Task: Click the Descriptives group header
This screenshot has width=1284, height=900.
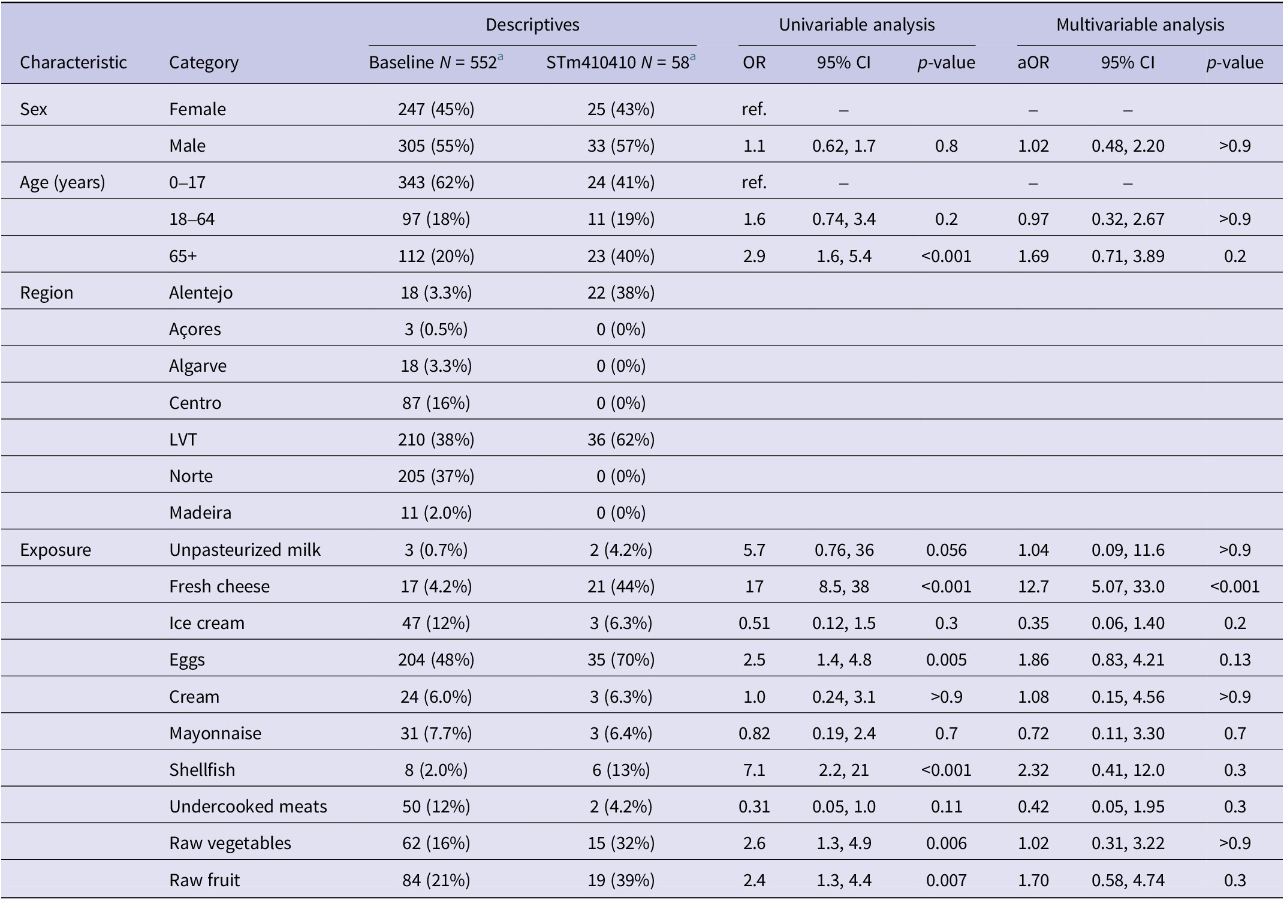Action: pos(532,25)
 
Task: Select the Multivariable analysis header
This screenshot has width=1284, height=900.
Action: pos(1140,25)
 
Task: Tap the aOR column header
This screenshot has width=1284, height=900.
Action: pos(1033,62)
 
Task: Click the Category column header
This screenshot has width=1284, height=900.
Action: pos(204,62)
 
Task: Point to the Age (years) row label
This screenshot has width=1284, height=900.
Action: pos(62,182)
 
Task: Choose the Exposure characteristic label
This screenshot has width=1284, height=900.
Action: pos(55,550)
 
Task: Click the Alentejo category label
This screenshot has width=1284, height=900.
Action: pos(201,293)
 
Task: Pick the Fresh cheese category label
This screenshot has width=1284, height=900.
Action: pos(219,586)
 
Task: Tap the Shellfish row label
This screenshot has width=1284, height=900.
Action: pos(202,769)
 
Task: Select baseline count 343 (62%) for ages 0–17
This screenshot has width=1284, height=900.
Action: pos(436,182)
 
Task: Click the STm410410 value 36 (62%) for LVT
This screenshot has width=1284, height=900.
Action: pos(620,440)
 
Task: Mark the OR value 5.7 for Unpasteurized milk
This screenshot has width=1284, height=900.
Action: pos(754,550)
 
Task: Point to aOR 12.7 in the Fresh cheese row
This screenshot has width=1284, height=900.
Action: pos(1033,586)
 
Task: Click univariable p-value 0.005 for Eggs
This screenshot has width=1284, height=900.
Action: pos(946,660)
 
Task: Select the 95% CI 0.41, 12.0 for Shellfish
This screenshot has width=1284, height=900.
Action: pos(1128,770)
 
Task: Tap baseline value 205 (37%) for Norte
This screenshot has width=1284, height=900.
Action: pos(436,476)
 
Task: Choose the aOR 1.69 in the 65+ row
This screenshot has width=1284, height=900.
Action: pos(1033,256)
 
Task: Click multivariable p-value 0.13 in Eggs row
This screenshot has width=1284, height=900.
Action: pos(1235,660)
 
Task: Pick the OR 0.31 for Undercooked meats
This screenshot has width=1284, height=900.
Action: pos(754,806)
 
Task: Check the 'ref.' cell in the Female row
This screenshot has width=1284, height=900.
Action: pos(754,109)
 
